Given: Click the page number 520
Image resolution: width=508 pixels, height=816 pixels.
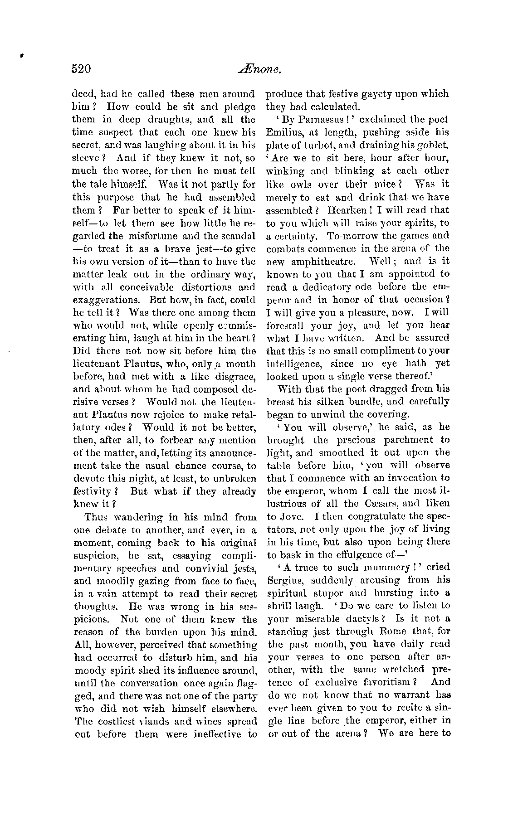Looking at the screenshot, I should [x=82, y=69].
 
